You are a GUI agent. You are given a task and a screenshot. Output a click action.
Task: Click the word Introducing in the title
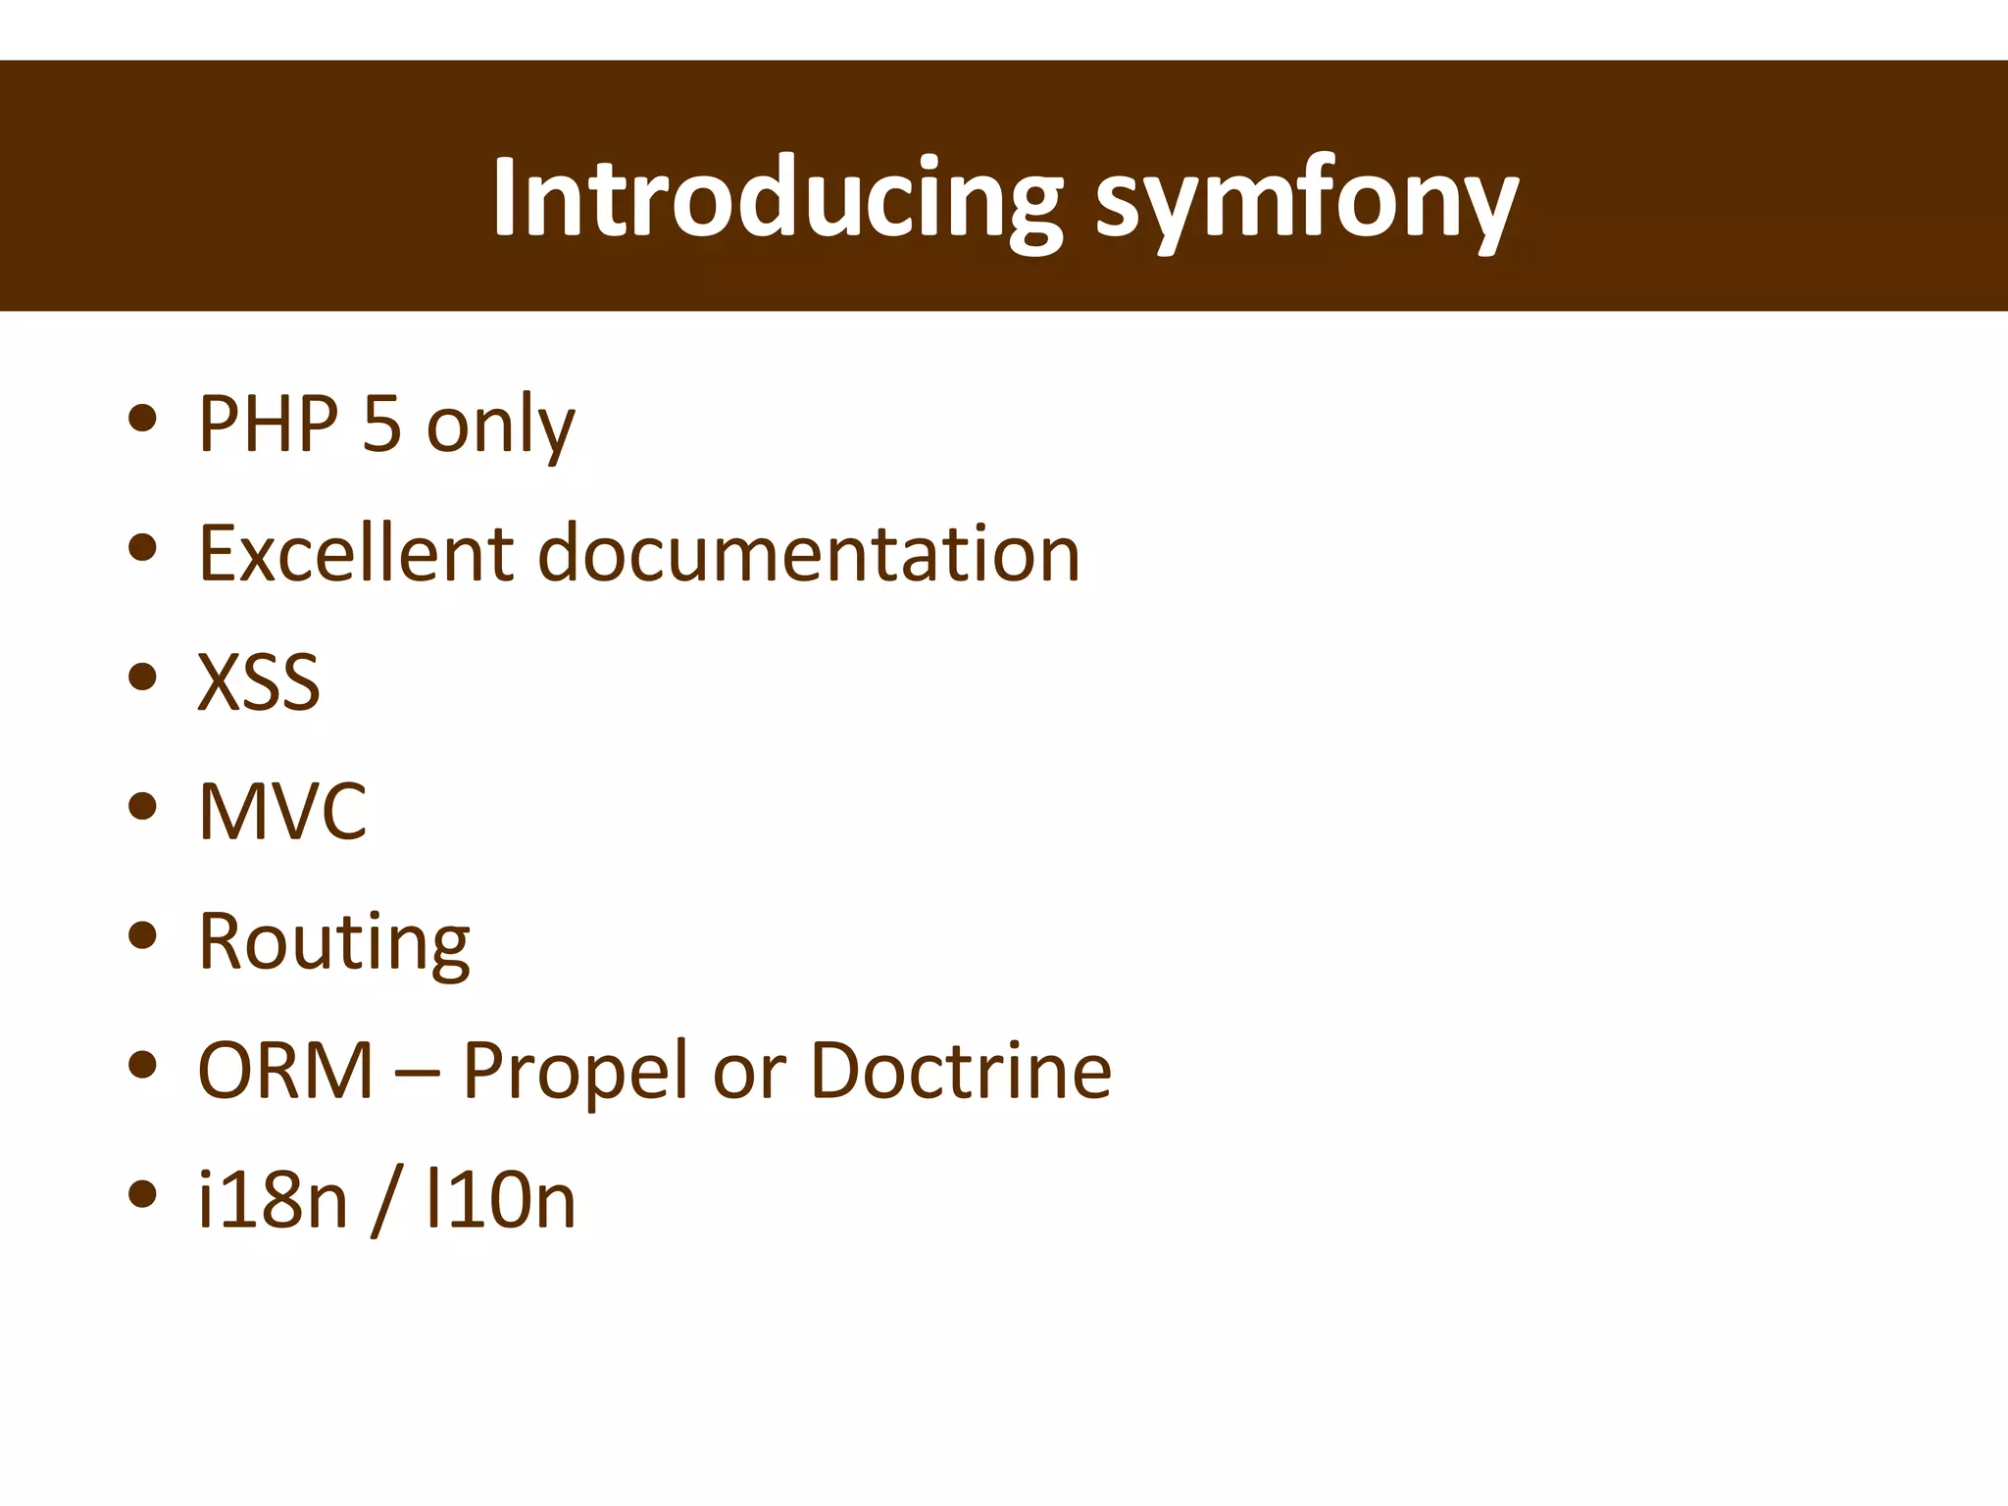(x=777, y=199)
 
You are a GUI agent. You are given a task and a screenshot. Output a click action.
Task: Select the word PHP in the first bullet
(x=268, y=424)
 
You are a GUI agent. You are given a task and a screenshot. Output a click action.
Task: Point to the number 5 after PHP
(x=381, y=424)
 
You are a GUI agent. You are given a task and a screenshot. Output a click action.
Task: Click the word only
(x=500, y=427)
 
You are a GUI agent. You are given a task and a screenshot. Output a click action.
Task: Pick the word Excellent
(x=356, y=553)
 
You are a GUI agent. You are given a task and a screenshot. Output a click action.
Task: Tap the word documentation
(x=809, y=553)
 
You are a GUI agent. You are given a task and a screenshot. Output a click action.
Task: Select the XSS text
(x=259, y=682)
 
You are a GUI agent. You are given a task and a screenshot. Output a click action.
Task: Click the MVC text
(x=282, y=812)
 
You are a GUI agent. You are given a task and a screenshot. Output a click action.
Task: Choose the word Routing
(x=334, y=942)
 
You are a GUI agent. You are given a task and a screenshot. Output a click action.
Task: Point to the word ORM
(x=285, y=1070)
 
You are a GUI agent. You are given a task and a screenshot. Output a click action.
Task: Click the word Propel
(x=575, y=1072)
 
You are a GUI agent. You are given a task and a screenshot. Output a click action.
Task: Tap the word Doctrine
(x=961, y=1070)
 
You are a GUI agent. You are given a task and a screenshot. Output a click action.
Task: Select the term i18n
(x=273, y=1200)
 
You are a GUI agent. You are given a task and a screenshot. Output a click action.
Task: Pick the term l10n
(x=500, y=1200)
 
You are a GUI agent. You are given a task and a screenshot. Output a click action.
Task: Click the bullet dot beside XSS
(x=143, y=678)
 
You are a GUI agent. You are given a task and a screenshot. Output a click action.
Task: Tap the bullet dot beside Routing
(x=143, y=935)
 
